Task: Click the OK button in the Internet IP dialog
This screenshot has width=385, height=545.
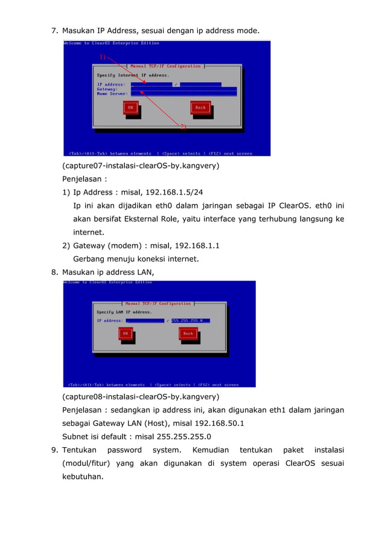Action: (130, 108)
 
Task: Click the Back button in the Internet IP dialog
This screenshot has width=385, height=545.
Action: (200, 108)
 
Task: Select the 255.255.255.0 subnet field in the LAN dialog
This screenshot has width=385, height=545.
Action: (191, 320)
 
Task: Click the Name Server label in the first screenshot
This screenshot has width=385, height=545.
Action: (112, 94)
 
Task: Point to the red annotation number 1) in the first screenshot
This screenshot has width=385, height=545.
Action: (103, 57)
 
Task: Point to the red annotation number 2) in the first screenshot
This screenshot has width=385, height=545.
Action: (183, 127)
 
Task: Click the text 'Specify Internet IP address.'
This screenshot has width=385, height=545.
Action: (133, 75)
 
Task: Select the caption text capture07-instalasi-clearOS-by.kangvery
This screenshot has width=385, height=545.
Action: (141, 166)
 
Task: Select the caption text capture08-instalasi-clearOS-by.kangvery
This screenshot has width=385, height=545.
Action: (141, 397)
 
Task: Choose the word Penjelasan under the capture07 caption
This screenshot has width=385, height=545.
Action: (82, 179)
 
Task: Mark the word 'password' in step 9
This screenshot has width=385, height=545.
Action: (124, 450)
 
